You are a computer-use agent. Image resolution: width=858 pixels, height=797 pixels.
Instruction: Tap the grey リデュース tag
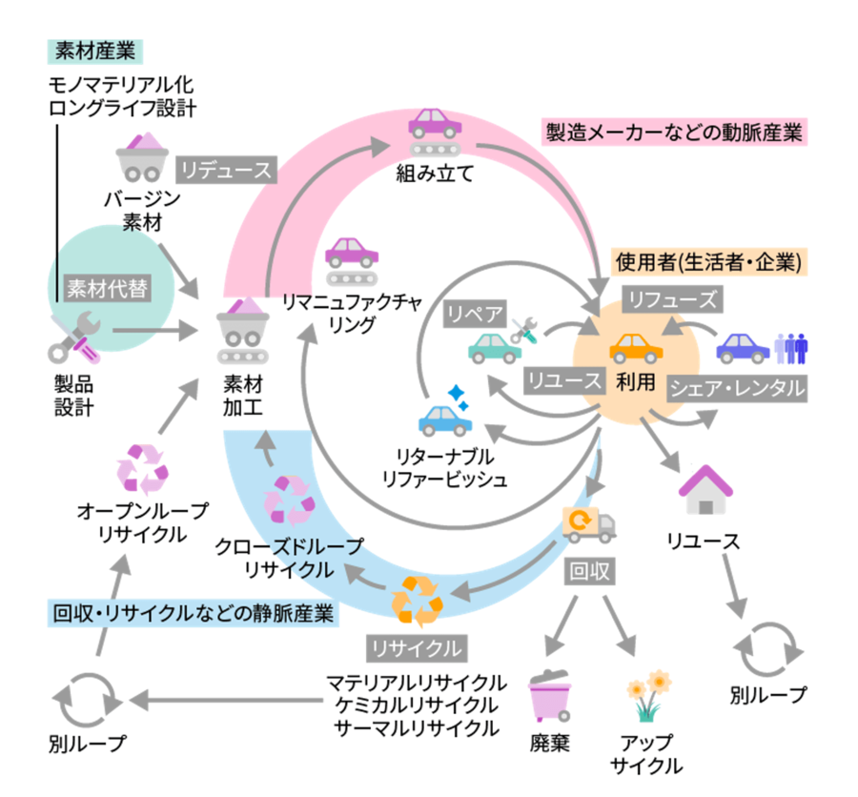[x=226, y=170]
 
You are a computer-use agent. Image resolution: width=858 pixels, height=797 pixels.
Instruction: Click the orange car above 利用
[x=636, y=348]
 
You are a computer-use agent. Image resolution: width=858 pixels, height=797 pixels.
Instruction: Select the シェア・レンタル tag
[x=736, y=388]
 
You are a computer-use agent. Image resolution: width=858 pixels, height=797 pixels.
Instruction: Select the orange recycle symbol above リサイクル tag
[x=416, y=599]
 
